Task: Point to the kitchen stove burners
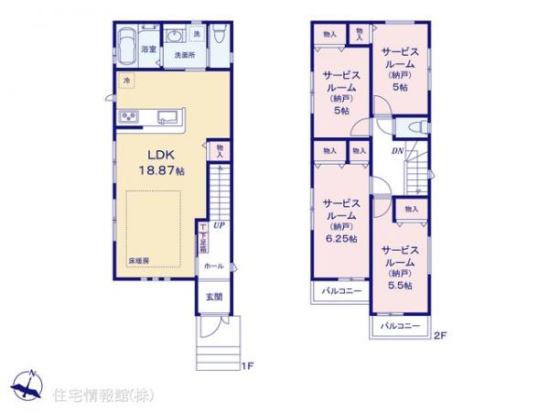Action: (x=126, y=115)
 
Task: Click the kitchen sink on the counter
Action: (x=167, y=115)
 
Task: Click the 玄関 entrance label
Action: (x=212, y=296)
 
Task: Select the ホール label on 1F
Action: (x=212, y=265)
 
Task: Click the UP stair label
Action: (x=219, y=225)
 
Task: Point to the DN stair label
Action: (x=399, y=151)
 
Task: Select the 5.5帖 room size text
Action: (x=400, y=285)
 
